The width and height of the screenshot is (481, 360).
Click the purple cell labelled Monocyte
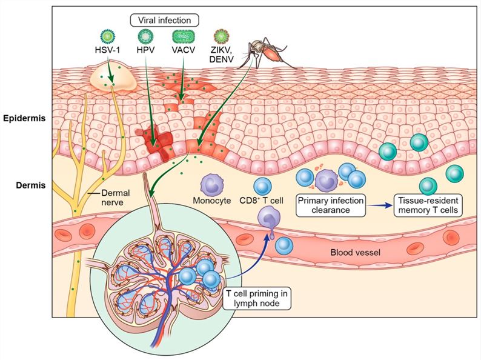point(212,183)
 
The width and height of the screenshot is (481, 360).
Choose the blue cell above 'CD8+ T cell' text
point(262,187)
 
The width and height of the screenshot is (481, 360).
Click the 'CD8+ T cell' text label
point(262,202)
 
